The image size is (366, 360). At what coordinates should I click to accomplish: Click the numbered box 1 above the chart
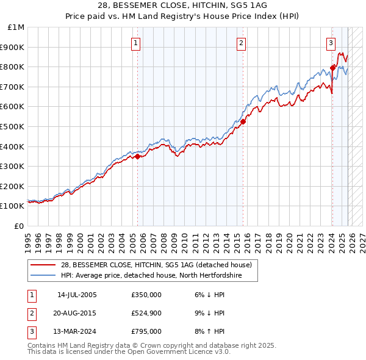(135, 43)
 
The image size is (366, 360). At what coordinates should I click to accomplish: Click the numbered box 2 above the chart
(242, 43)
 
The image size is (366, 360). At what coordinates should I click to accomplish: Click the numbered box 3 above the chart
(331, 43)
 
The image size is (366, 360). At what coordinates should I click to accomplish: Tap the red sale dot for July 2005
(137, 156)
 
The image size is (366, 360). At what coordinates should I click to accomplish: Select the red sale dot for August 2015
(243, 121)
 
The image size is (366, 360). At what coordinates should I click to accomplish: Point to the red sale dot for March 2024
(332, 68)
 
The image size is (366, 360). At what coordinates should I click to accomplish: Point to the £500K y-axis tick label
(13, 127)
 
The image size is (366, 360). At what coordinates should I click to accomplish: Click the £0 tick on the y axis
(20, 226)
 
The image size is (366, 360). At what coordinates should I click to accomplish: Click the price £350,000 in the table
(146, 295)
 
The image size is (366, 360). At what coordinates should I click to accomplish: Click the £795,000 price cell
(146, 331)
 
